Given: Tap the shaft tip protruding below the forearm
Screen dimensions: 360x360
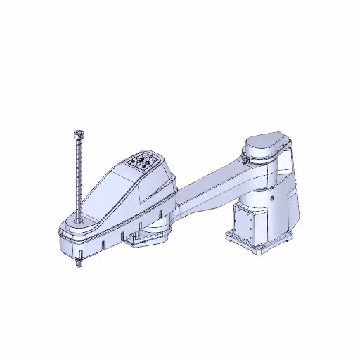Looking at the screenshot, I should point(77,264).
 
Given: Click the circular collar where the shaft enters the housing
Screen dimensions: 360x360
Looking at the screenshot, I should point(77,221).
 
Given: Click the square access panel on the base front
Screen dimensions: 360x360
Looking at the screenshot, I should point(246,224).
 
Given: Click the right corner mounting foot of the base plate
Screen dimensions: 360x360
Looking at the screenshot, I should point(288,235).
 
